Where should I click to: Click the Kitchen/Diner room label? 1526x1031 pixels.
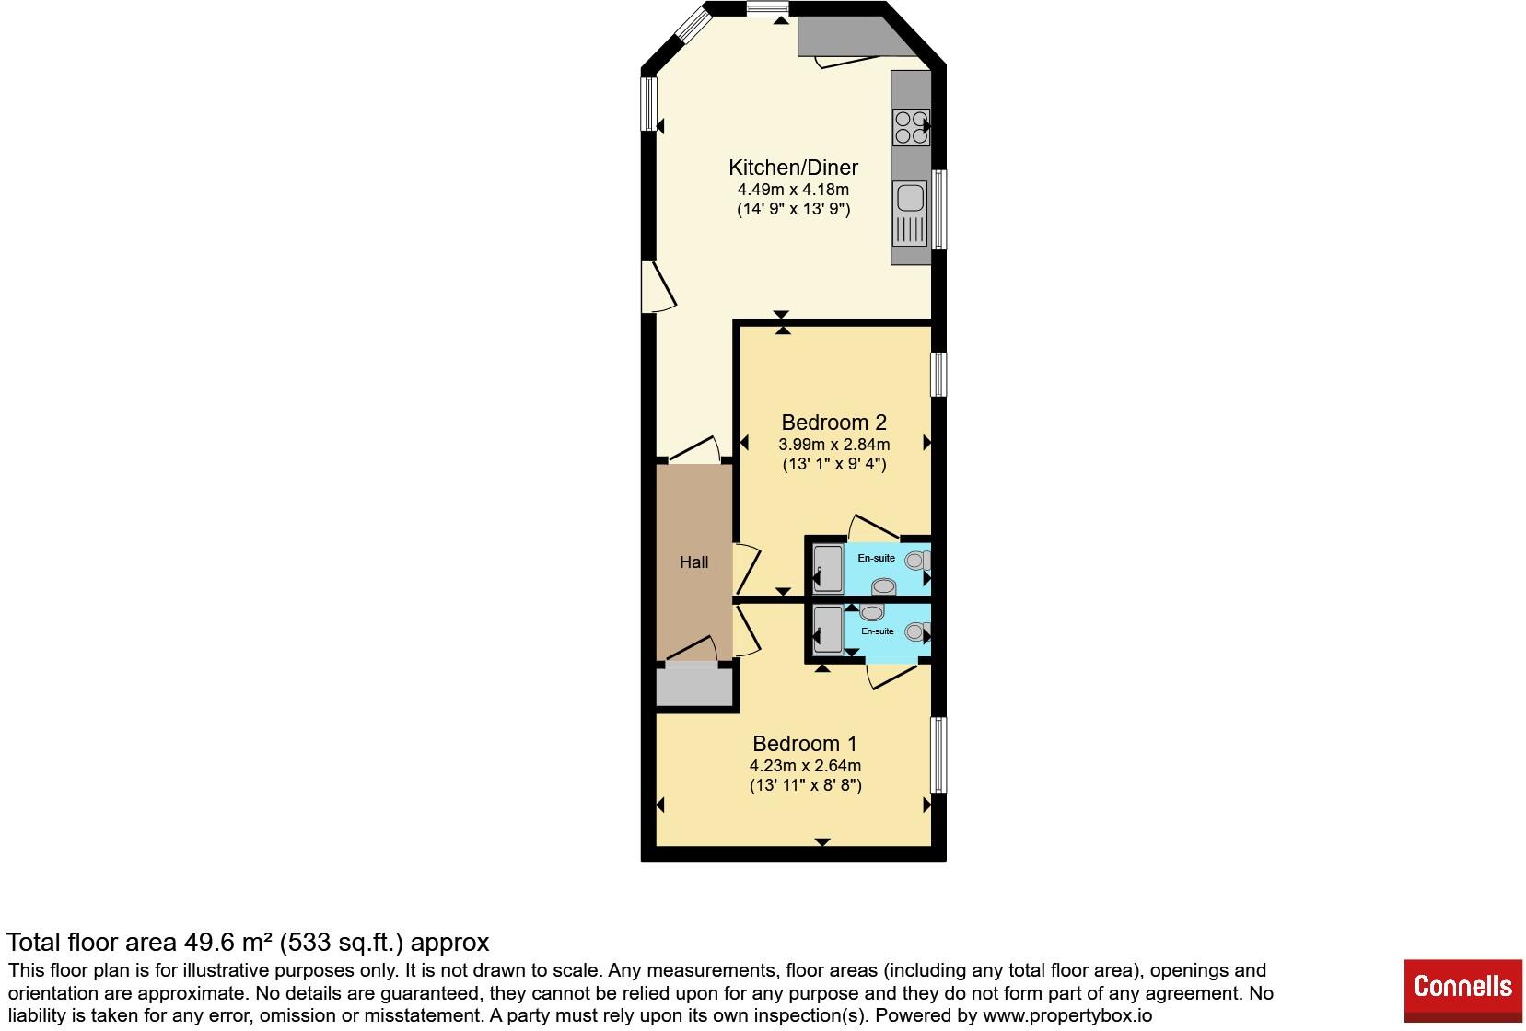[793, 168]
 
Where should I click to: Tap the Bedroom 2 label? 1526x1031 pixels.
[833, 423]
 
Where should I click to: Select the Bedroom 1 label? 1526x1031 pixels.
[805, 744]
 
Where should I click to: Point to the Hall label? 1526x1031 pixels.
[694, 562]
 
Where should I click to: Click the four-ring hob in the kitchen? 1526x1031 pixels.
[912, 127]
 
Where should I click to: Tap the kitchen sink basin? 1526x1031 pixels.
[910, 198]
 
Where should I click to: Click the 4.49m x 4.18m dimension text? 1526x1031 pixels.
[793, 190]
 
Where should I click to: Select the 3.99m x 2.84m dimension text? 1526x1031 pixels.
[833, 445]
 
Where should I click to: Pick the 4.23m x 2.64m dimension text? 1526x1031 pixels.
[805, 765]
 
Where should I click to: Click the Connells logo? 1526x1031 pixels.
[1463, 990]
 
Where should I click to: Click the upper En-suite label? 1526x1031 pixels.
[876, 559]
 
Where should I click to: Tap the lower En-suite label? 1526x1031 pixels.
[878, 631]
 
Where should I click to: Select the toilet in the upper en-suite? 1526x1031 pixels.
[917, 561]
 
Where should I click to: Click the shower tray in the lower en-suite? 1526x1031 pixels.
[829, 630]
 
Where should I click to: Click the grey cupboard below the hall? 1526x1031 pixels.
[693, 687]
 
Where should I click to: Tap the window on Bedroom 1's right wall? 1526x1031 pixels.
[938, 755]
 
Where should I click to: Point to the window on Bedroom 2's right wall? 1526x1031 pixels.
[938, 375]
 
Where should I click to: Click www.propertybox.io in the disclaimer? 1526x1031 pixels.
[1067, 1015]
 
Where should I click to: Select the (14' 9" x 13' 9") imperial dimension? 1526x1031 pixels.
[794, 209]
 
